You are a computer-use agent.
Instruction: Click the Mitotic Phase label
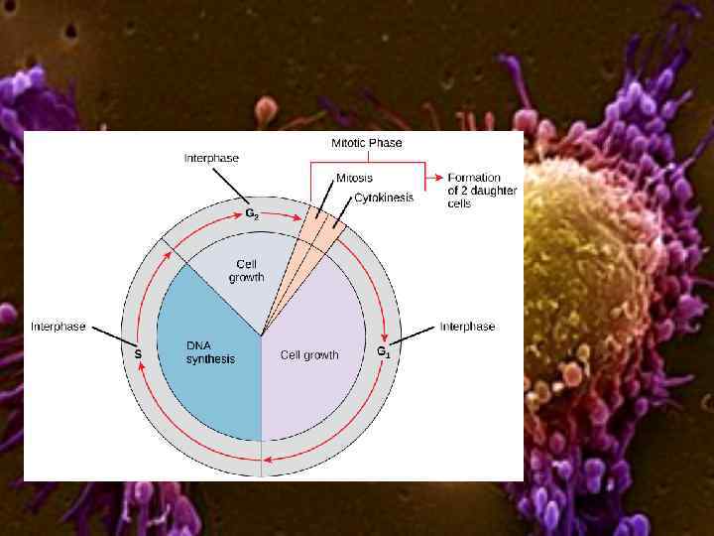tap(366, 143)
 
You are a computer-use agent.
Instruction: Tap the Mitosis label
tap(354, 178)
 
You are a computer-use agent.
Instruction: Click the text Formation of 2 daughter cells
tap(473, 191)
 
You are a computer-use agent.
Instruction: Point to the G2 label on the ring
tap(253, 212)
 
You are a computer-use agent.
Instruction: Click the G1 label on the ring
tap(383, 351)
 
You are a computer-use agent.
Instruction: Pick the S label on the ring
tap(138, 352)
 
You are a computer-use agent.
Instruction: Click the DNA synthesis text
tap(210, 351)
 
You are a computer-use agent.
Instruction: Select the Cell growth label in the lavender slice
tap(309, 354)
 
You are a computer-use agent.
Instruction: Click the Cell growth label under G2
tap(247, 271)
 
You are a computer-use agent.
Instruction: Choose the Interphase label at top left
tap(211, 158)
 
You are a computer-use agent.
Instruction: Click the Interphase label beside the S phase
tap(58, 326)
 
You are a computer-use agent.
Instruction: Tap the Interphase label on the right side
tap(467, 326)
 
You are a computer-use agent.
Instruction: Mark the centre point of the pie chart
tap(262, 335)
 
